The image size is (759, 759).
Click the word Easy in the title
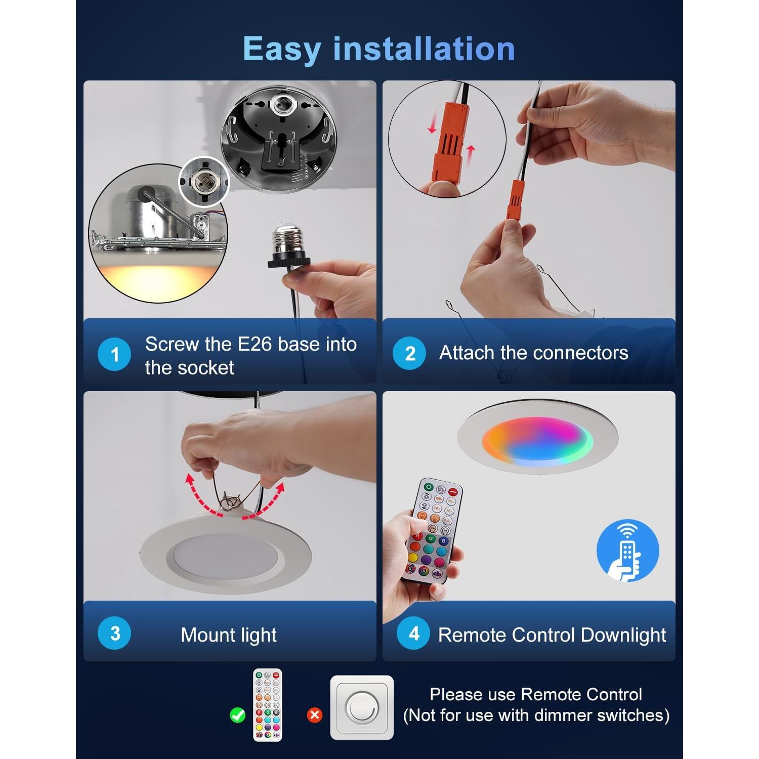(x=281, y=50)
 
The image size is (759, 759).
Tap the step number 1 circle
(x=114, y=354)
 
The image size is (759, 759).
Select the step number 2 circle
(x=409, y=353)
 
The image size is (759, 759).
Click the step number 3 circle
(x=114, y=633)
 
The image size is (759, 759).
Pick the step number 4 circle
(x=413, y=633)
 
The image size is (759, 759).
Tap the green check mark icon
(x=237, y=715)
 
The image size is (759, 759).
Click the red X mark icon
(x=315, y=715)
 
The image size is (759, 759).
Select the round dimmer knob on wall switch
(x=361, y=707)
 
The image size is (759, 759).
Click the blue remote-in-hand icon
(x=627, y=550)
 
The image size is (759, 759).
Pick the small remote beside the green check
(x=268, y=705)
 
